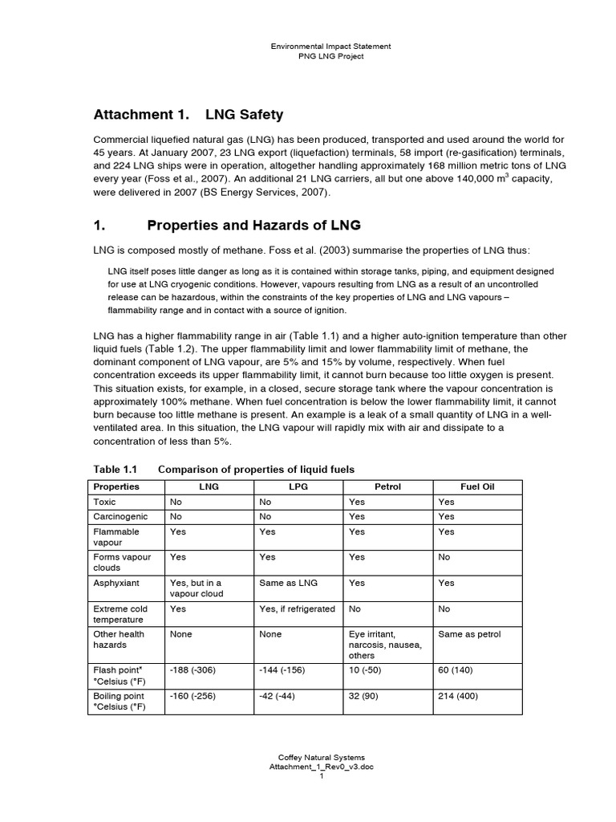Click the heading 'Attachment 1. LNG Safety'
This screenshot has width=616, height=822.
tap(189, 115)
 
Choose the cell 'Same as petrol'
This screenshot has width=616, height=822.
tap(469, 634)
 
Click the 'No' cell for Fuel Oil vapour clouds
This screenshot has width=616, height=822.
tap(444, 557)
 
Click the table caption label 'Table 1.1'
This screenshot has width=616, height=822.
tap(115, 469)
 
